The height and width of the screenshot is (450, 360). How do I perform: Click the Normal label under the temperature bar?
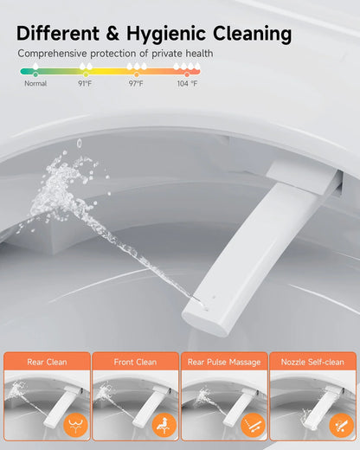(x=35, y=84)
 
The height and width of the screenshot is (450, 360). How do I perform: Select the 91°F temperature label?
(x=85, y=84)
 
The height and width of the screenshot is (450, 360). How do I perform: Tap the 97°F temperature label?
(x=136, y=84)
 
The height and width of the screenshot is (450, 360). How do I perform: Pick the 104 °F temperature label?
(x=187, y=84)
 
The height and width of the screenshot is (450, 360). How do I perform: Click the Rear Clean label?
(x=47, y=362)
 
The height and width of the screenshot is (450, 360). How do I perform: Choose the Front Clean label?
(x=135, y=362)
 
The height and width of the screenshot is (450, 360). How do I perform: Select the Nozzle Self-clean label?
(x=312, y=362)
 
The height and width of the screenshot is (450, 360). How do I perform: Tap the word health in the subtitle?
(x=196, y=54)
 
